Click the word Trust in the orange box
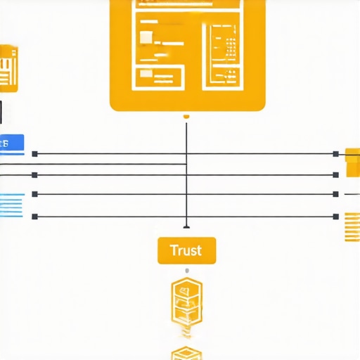(186, 250)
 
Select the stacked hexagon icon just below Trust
(186, 302)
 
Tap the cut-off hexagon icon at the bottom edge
(186, 353)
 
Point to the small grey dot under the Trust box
(186, 271)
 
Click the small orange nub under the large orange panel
(186, 116)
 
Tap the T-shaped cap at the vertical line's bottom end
(186, 226)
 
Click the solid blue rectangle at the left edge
(11, 143)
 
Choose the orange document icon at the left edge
(8, 69)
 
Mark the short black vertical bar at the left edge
(1, 112)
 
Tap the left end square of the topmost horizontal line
(35, 153)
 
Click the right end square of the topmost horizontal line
(337, 153)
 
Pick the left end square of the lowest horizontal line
(35, 217)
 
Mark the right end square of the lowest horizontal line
(337, 217)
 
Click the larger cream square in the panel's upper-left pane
(147, 37)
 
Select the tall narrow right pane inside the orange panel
(223, 54)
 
